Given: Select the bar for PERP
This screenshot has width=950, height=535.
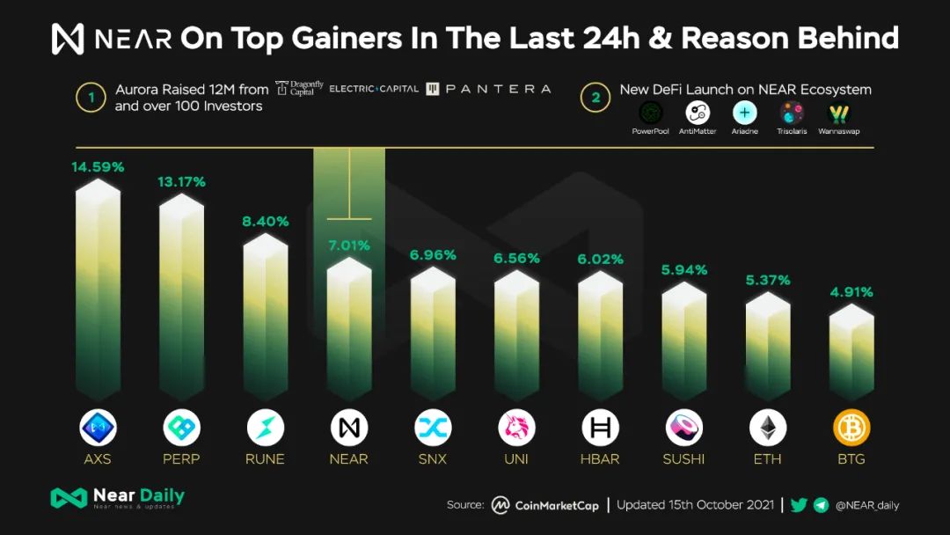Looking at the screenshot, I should (182, 299).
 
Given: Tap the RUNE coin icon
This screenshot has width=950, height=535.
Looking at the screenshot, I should (266, 429).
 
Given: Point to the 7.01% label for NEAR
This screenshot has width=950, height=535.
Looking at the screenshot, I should (349, 246).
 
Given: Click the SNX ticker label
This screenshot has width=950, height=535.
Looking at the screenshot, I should (433, 459).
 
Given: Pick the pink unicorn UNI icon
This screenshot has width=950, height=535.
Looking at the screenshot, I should (516, 429).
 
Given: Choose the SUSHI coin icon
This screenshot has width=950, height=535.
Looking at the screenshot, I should (683, 429).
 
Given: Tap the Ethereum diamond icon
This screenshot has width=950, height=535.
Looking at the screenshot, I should (767, 429).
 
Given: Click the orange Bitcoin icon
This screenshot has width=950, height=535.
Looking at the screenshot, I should (851, 429).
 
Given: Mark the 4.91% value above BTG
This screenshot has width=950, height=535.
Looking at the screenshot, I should (851, 292).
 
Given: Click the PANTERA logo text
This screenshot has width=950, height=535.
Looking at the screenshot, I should (497, 89).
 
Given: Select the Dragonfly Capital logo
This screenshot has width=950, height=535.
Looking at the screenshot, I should (299, 88).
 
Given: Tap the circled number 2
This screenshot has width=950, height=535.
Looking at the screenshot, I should (596, 98).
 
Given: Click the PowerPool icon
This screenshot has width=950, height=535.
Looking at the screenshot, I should (651, 114).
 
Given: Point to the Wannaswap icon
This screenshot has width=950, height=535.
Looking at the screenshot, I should (838, 114).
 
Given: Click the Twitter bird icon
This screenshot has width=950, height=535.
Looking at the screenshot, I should (799, 505).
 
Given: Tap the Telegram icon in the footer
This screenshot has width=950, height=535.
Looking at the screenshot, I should (821, 505).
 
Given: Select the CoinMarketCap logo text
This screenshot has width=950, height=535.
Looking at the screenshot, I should (557, 505).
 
